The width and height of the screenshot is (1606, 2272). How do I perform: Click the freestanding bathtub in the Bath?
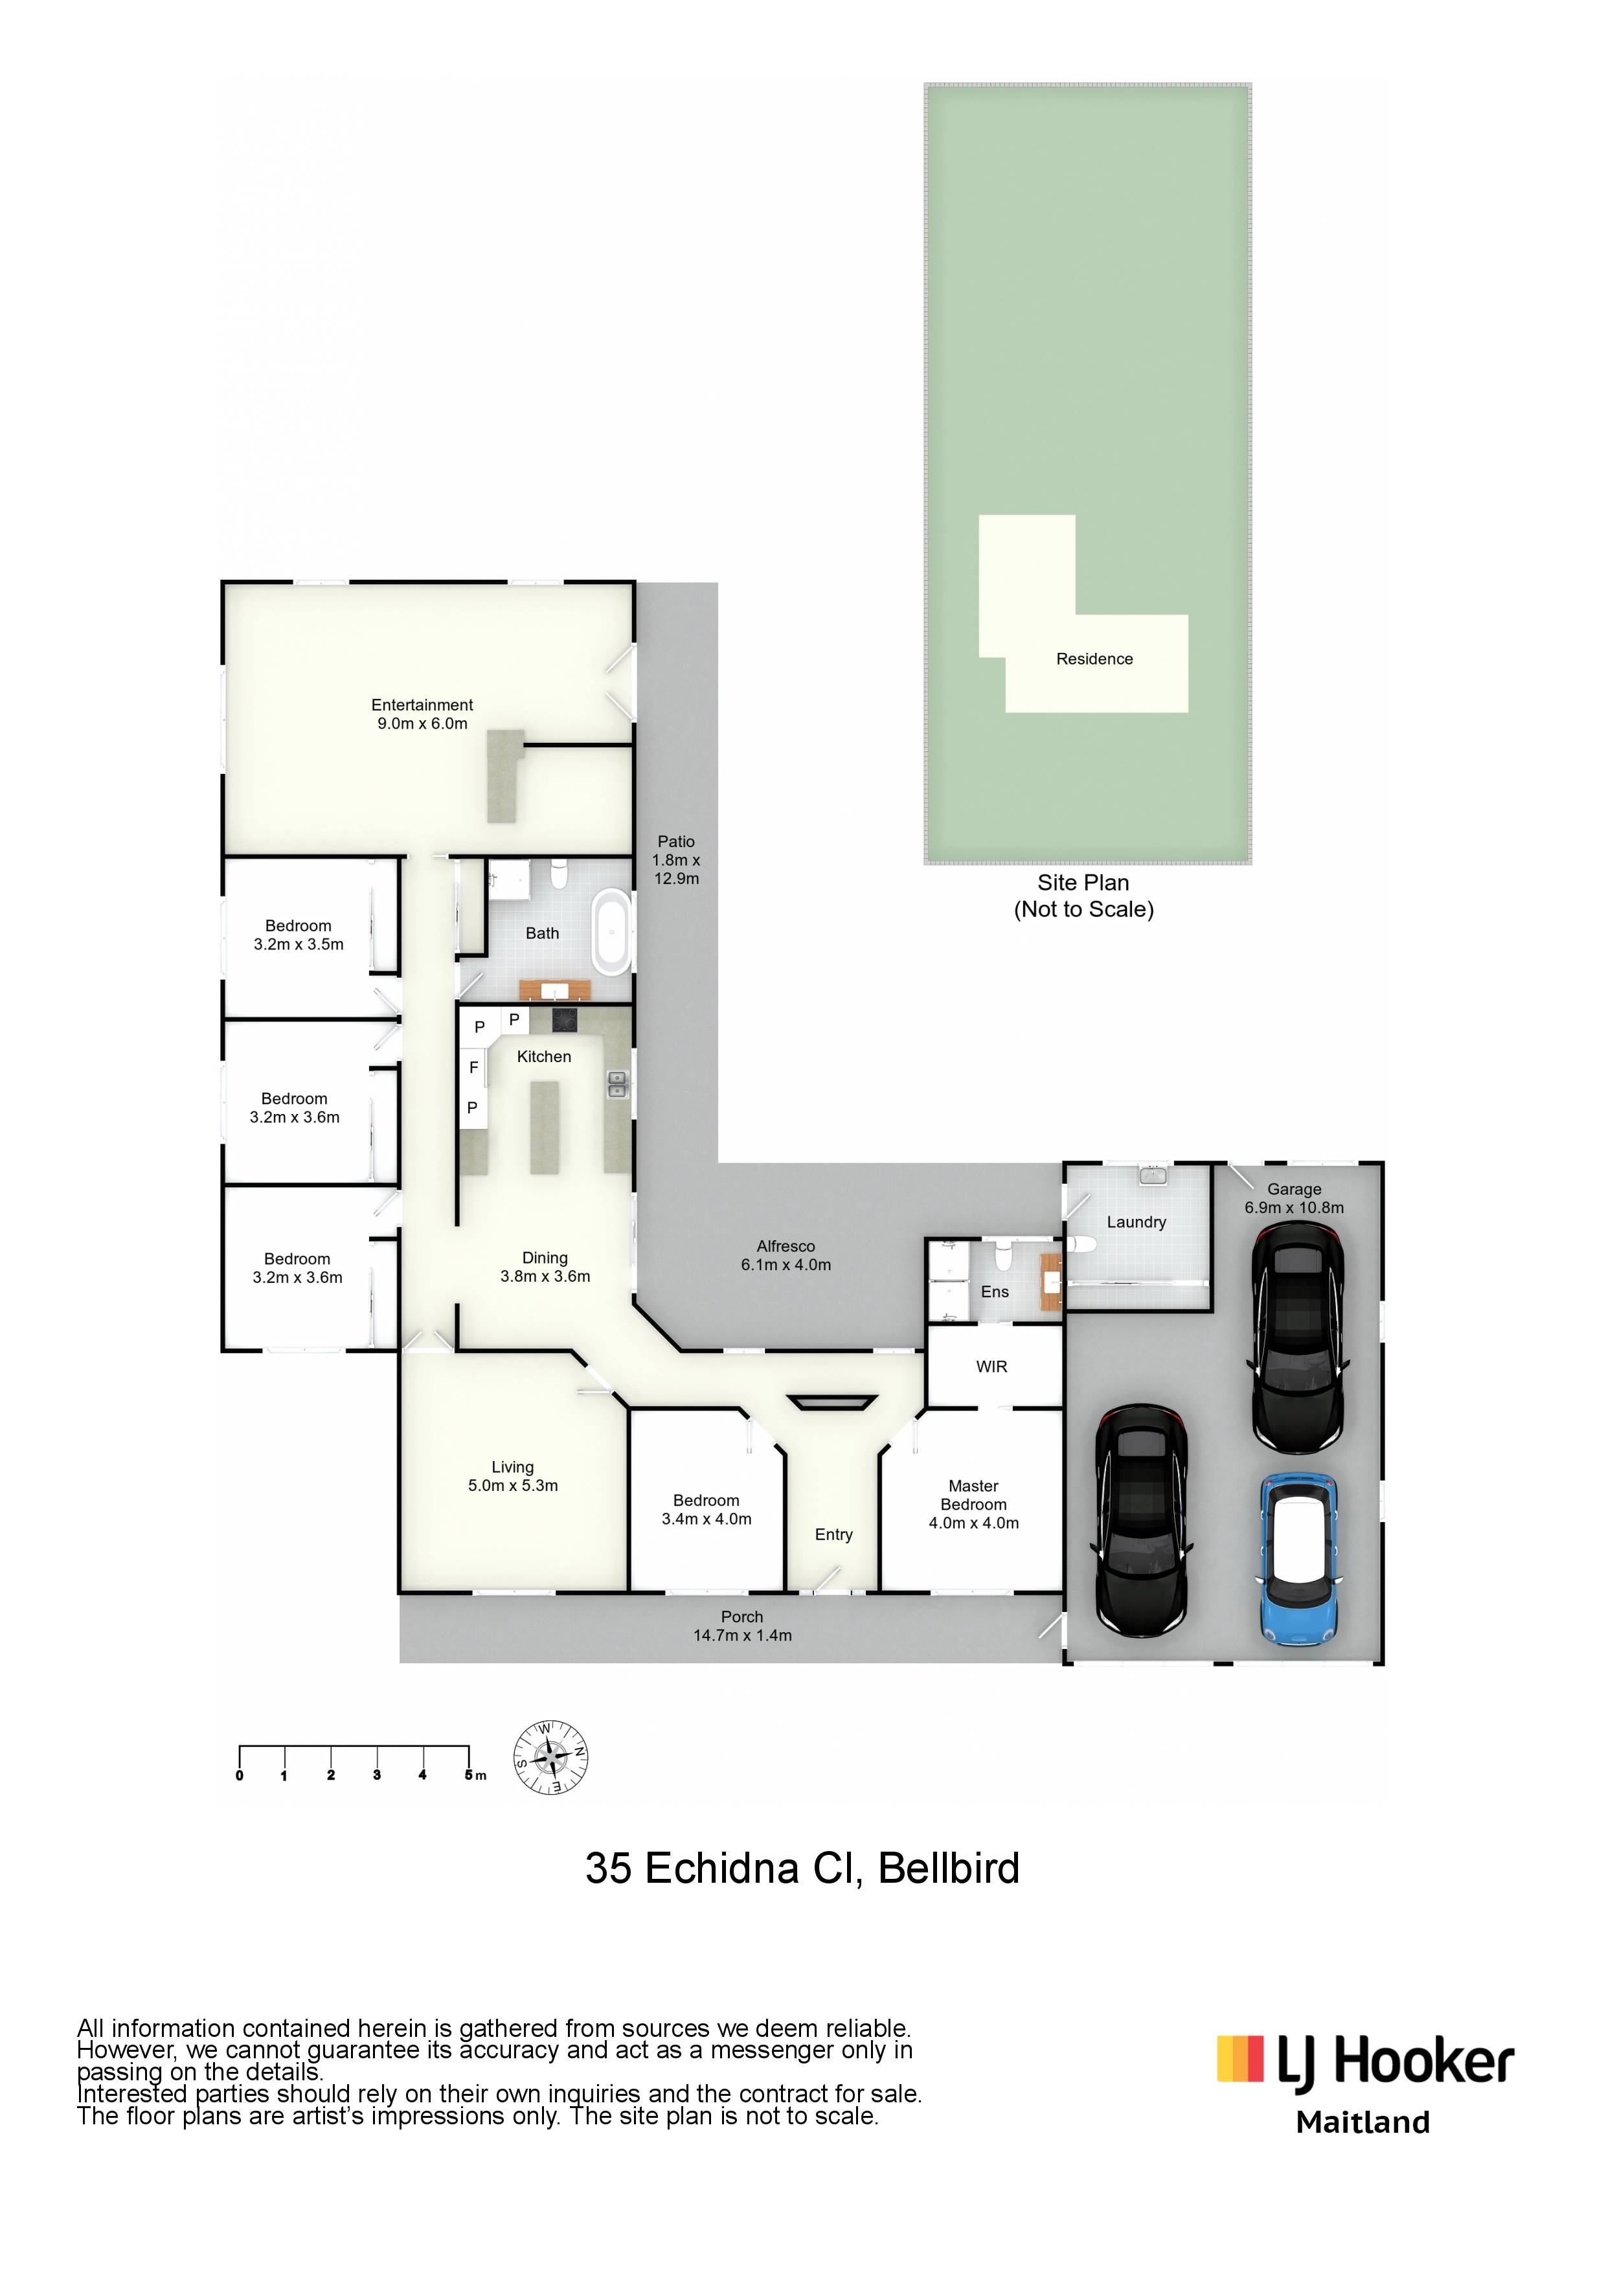611,931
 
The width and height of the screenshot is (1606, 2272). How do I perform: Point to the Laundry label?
1136,1222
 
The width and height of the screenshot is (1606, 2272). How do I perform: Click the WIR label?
991,1367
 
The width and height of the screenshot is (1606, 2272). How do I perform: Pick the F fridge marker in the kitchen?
474,1068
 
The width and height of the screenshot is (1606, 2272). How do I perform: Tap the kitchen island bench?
544,1127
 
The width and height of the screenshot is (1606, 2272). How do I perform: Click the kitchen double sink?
616,1085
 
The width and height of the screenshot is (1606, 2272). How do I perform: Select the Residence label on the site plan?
1094,659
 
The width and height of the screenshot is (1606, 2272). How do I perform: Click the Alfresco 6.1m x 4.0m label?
786,1256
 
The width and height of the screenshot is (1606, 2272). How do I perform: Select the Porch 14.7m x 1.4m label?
742,1626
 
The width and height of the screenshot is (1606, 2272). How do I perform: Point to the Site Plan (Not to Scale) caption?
1083,896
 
